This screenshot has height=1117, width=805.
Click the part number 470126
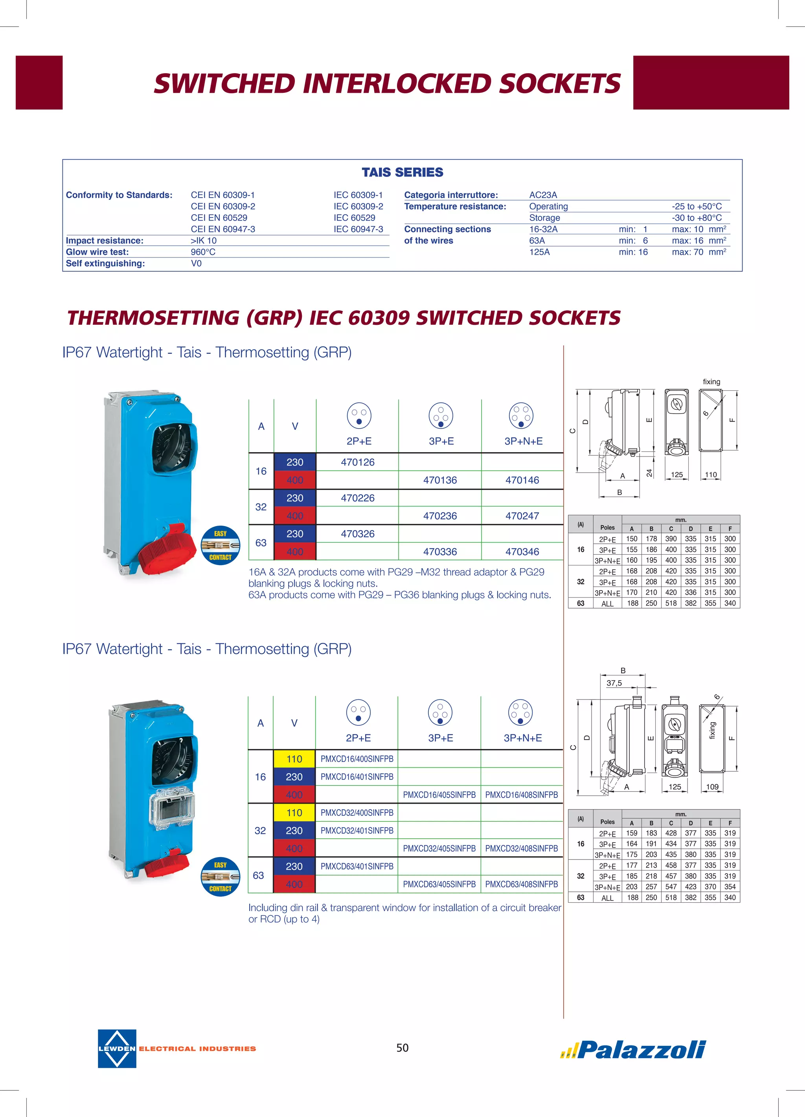point(357,462)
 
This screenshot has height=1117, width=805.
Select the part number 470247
point(522,516)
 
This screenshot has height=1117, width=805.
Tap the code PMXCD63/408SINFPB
point(522,884)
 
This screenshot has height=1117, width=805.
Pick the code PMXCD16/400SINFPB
point(357,759)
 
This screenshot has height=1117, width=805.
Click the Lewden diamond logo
point(117,1049)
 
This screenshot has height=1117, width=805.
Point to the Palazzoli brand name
point(641,1049)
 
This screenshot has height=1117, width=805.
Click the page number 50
point(402,1047)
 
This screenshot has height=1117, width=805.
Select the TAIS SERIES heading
point(402,172)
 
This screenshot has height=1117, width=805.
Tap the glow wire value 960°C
point(203,252)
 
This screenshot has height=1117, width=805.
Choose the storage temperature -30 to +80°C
point(697,218)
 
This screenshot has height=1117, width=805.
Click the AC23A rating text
point(543,195)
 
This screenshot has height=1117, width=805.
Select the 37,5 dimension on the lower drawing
point(614,683)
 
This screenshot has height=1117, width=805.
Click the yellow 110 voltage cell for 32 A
point(294,813)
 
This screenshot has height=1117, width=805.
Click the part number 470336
point(440,552)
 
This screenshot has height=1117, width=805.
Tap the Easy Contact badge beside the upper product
point(220,545)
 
